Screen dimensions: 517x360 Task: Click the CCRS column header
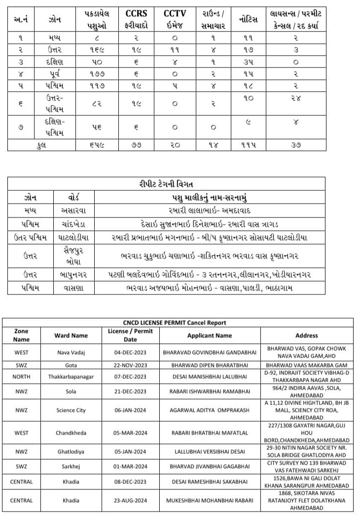click(137, 13)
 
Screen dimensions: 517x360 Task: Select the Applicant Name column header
click(209, 335)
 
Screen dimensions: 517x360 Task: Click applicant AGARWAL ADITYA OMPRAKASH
click(209, 410)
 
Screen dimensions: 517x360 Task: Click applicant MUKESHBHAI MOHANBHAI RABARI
click(209, 500)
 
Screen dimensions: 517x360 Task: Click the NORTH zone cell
click(22, 376)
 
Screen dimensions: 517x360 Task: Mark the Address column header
click(306, 335)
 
